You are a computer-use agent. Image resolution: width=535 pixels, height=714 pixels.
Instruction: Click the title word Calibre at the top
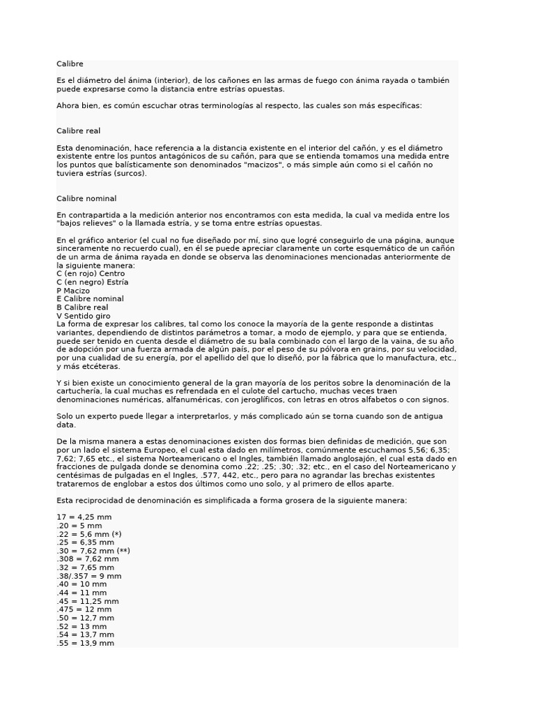70,64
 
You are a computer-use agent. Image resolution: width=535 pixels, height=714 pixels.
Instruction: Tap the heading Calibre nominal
86,199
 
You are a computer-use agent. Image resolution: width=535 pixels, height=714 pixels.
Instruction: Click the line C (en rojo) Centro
91,273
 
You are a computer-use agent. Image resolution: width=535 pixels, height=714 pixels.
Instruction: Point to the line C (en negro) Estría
93,282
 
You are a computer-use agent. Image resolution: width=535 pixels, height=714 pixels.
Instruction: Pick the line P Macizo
73,290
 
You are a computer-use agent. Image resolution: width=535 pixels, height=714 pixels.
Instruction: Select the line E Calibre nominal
90,298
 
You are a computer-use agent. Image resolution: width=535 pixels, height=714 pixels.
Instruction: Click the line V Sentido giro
83,315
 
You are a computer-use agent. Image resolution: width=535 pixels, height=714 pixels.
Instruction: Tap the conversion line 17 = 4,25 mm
84,517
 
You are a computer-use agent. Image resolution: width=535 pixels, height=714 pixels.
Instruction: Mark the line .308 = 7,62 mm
88,559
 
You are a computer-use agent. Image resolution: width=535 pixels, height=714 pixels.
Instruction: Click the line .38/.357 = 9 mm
89,576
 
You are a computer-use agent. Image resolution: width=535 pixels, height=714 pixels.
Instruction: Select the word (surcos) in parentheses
130,174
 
